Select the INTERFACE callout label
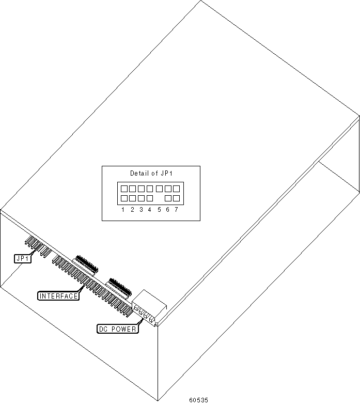point(58,296)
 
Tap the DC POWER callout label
point(117,329)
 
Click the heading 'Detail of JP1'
point(150,174)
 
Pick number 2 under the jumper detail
point(132,210)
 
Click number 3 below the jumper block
point(141,210)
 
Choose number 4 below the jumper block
point(149,210)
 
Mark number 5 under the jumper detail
point(160,210)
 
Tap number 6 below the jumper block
point(168,210)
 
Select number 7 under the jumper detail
point(176,210)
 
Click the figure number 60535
point(199,400)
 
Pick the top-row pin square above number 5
point(160,189)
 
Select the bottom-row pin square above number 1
point(124,198)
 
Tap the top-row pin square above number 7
point(176,189)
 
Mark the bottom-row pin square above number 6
point(168,198)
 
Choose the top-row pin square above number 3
point(141,189)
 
